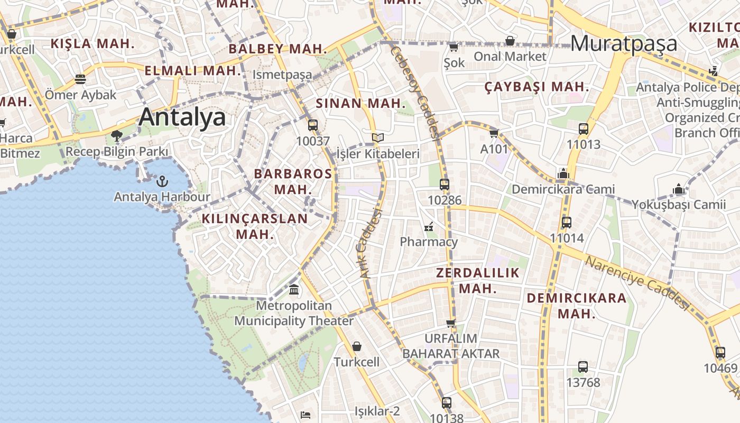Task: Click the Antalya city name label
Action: pos(182,117)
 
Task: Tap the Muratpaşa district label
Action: pos(624,43)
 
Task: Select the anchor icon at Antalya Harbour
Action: pos(162,181)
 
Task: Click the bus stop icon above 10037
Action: pos(313,125)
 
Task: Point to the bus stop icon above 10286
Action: pos(445,185)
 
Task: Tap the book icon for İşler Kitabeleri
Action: pos(377,138)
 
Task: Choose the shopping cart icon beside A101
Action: pos(494,133)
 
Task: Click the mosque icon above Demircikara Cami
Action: pos(563,173)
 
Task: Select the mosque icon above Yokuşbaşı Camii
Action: pos(679,189)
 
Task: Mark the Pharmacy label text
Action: pos(429,242)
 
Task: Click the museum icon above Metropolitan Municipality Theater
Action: pos(294,290)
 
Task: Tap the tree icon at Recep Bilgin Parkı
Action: pos(117,136)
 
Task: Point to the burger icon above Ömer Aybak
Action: pos(80,79)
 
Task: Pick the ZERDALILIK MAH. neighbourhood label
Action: pos(478,280)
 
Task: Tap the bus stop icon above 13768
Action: pos(583,366)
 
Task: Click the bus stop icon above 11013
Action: pos(584,128)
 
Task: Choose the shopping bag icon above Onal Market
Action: pos(510,41)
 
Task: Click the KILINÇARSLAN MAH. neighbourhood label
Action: pos(255,226)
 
